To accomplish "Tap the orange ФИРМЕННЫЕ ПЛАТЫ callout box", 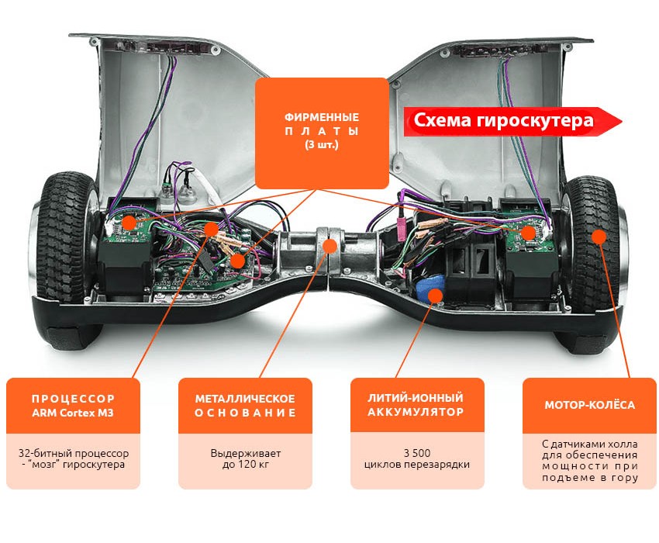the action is click(x=322, y=133).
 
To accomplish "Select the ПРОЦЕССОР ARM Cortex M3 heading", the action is click(x=73, y=406).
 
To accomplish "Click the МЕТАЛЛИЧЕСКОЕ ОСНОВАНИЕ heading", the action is click(x=245, y=406).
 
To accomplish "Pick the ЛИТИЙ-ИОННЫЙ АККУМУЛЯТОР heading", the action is click(x=416, y=405).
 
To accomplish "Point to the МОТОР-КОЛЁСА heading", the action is click(x=590, y=405).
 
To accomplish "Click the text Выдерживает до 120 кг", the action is click(x=246, y=459).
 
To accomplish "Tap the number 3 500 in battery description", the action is click(x=417, y=453).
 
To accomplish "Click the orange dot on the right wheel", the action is click(x=599, y=237).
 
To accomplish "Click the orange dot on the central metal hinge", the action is click(x=330, y=247).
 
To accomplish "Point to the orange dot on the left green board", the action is click(x=129, y=222).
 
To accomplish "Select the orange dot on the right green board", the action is click(x=528, y=232).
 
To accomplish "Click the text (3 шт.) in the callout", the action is click(x=322, y=145).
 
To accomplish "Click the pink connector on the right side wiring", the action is click(x=401, y=227).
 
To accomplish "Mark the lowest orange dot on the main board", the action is click(x=238, y=261).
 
